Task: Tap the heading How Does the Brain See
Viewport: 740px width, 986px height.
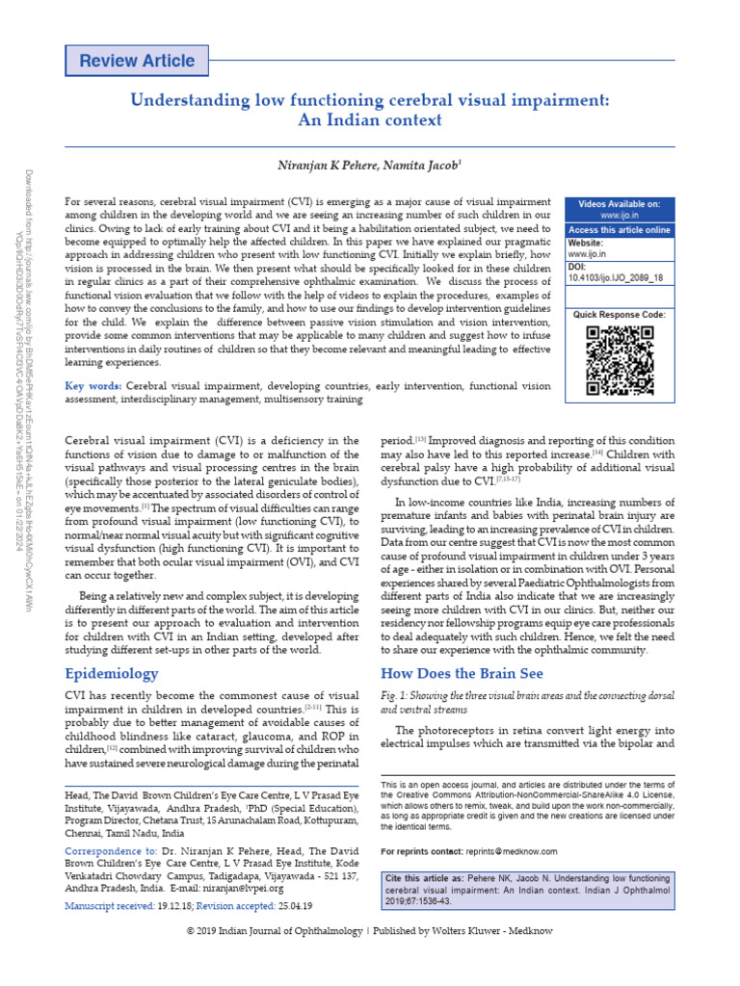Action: click(462, 673)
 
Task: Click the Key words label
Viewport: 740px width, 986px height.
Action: click(93, 385)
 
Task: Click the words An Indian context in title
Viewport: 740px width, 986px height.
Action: click(370, 120)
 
